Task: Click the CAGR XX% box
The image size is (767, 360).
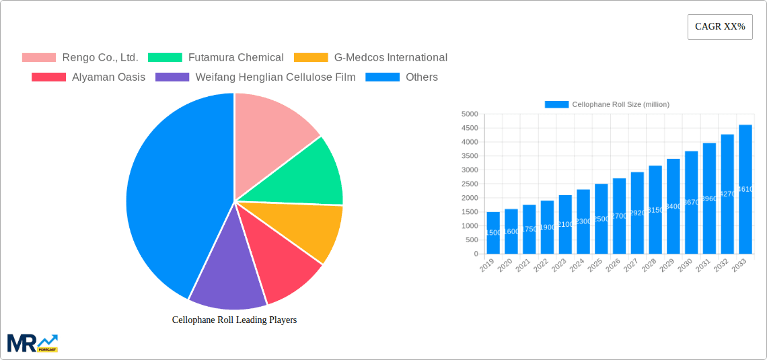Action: click(x=720, y=27)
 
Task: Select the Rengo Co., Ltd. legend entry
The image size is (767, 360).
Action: click(x=80, y=58)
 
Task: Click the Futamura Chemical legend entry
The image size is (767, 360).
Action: click(x=216, y=58)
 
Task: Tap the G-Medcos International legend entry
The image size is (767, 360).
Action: click(x=371, y=58)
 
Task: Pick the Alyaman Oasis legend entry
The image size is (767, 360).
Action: click(x=88, y=77)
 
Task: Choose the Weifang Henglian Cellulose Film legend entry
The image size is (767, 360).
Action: click(x=256, y=77)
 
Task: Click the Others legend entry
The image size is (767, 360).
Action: click(x=402, y=77)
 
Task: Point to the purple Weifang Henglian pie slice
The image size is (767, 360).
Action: click(x=229, y=276)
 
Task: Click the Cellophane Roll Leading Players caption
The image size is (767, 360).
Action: click(x=234, y=320)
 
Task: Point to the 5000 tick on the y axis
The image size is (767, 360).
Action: click(x=470, y=114)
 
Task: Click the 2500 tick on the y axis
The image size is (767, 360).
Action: click(x=470, y=184)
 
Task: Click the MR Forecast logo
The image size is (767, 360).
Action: click(x=32, y=343)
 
